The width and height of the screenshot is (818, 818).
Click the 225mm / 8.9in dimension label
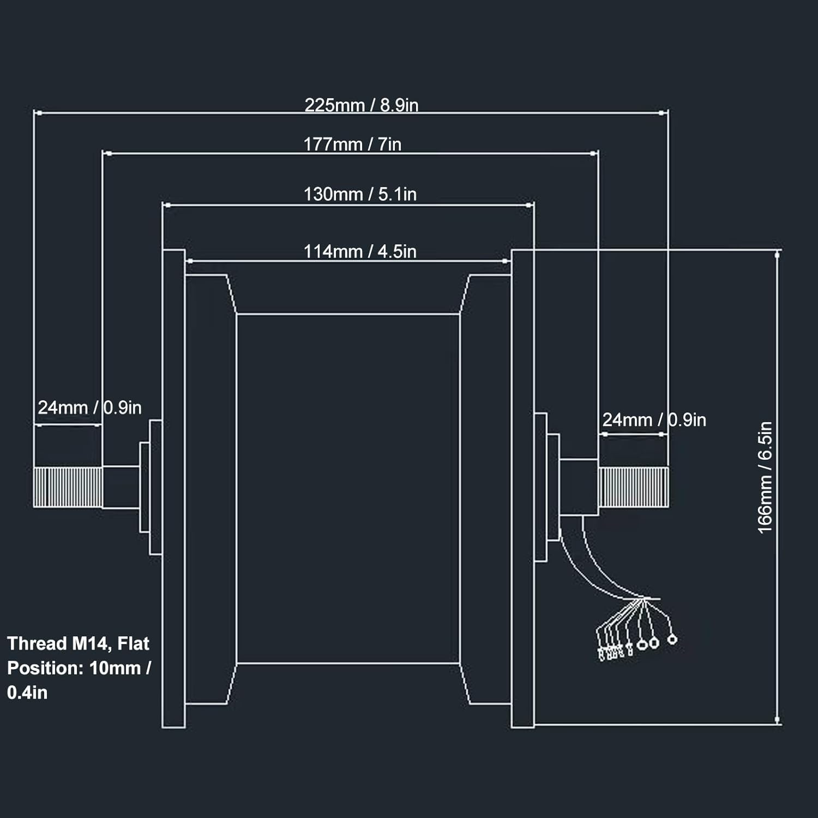click(361, 105)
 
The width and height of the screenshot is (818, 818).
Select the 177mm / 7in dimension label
click(352, 145)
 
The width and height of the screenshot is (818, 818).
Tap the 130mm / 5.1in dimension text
click(360, 194)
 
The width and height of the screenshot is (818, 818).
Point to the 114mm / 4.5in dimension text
click(360, 251)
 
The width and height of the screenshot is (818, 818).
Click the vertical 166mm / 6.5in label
click(765, 477)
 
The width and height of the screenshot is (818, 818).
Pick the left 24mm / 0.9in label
click(89, 407)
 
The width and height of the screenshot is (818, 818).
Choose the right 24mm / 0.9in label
click(654, 420)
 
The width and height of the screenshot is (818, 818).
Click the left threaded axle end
click(68, 487)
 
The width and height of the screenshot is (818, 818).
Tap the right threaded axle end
click(633, 487)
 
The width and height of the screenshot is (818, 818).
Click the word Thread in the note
click(37, 643)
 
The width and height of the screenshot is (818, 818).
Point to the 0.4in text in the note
click(27, 693)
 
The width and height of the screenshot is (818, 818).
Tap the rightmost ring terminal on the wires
click(672, 639)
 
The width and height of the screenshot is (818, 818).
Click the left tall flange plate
click(173, 488)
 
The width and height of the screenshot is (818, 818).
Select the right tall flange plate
click(522, 488)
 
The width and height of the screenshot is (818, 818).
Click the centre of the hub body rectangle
click(348, 488)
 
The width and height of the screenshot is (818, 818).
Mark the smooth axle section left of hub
click(121, 487)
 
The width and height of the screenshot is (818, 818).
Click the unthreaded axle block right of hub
click(579, 487)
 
